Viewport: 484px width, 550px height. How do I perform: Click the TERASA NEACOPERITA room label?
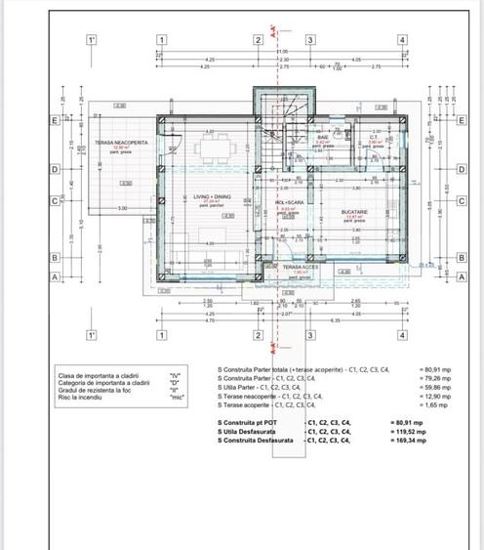pos(121,142)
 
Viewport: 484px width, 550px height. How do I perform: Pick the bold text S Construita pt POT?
pos(248,421)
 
